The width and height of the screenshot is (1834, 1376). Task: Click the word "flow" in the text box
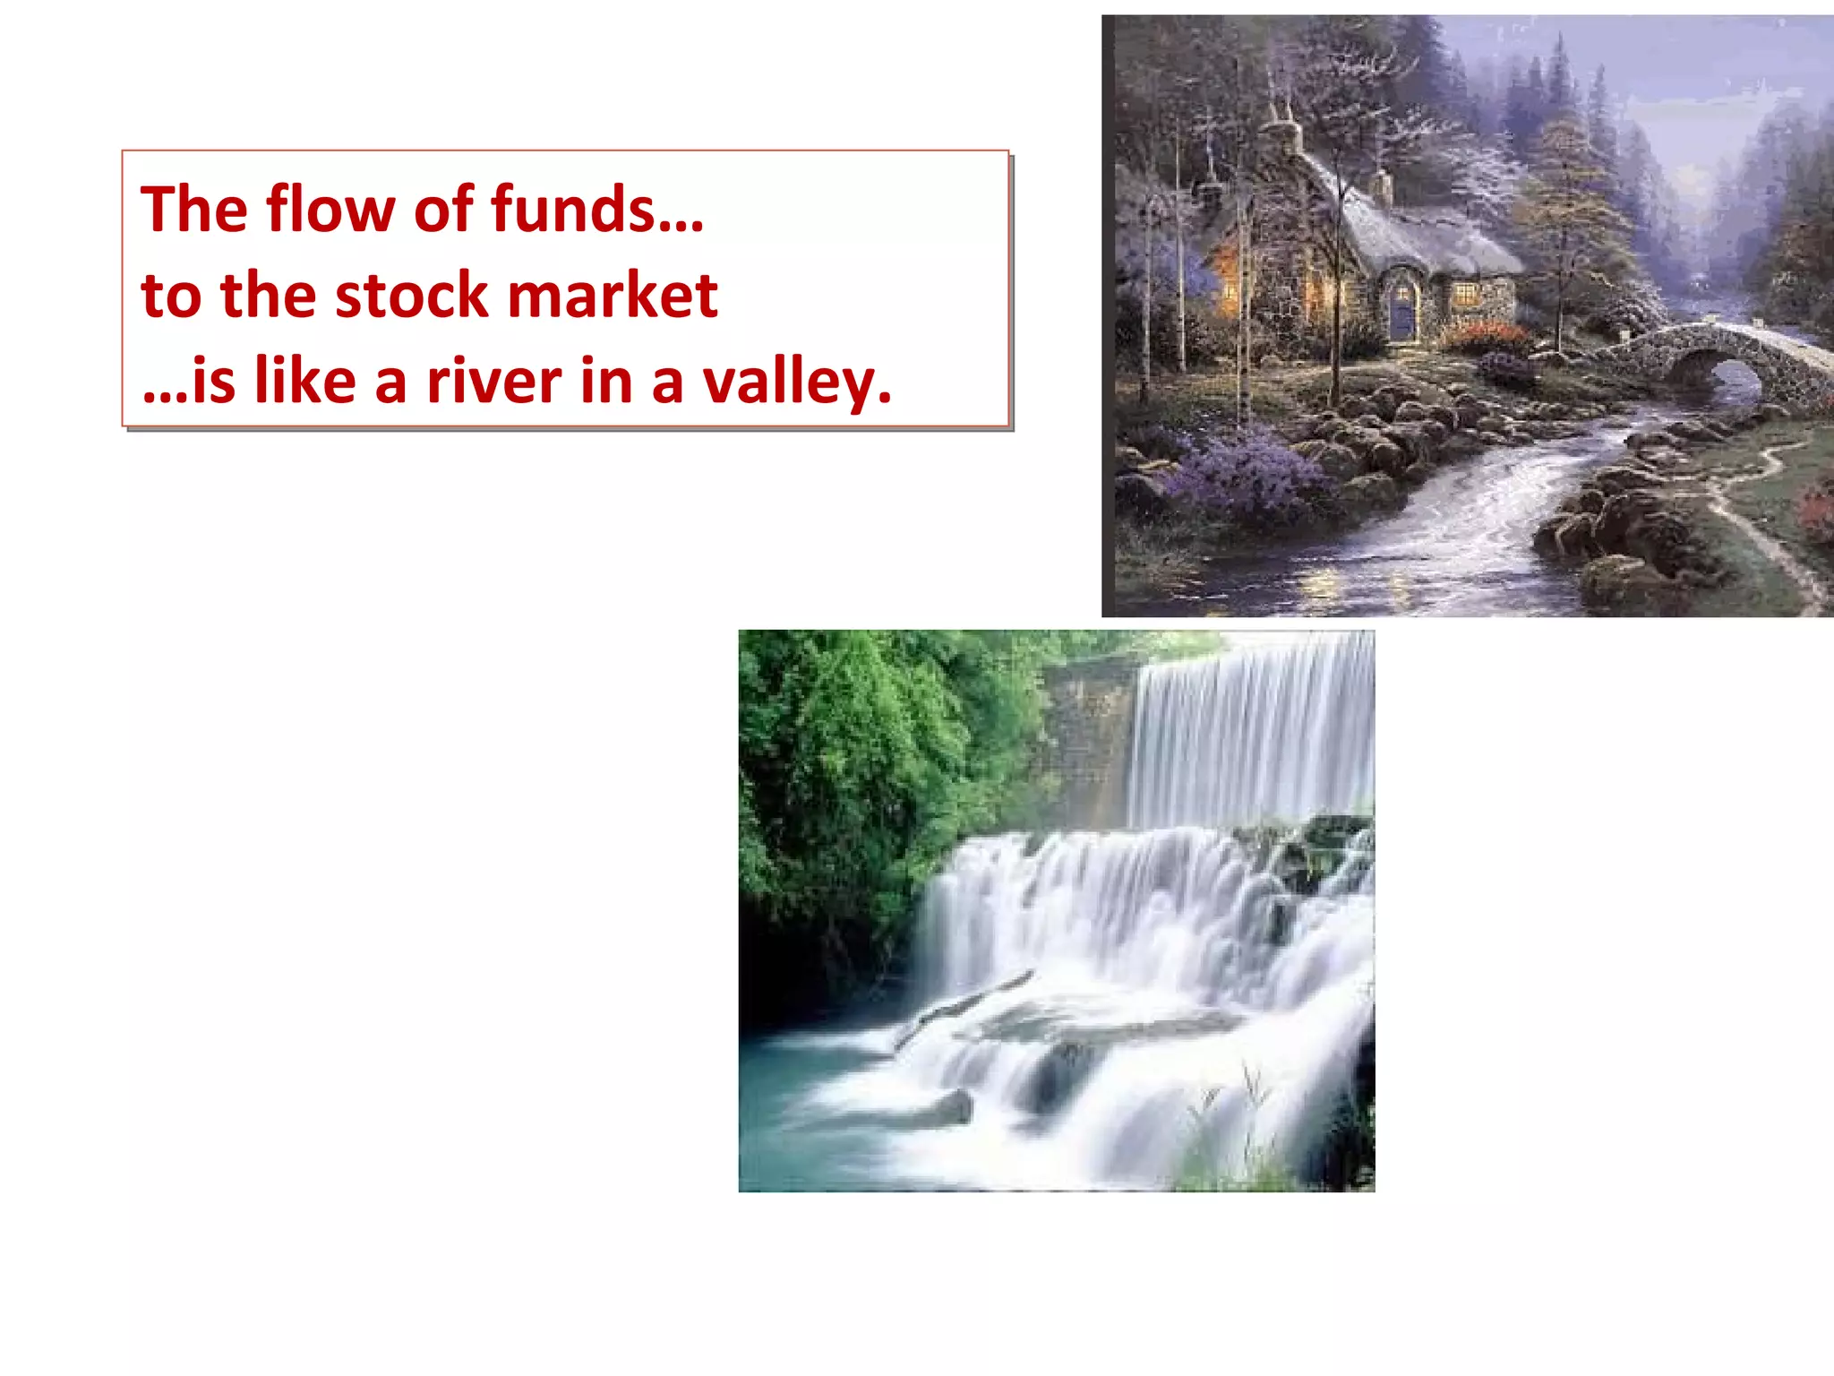pos(330,210)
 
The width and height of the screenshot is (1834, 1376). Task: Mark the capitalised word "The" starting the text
pos(193,210)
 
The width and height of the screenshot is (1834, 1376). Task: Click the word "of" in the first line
pos(443,210)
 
